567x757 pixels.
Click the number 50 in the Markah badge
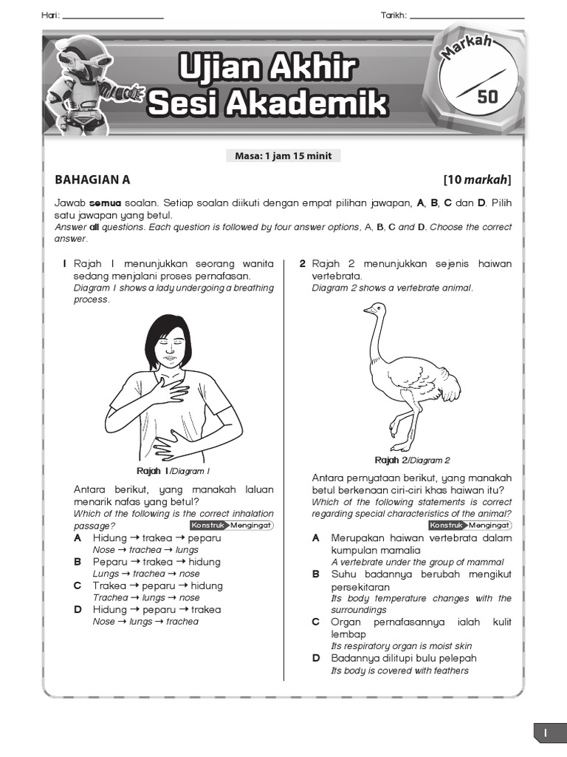(488, 96)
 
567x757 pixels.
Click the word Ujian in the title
(214, 69)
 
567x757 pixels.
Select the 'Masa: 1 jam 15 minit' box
(283, 156)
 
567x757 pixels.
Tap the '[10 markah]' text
(477, 179)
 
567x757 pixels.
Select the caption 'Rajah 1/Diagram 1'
(173, 471)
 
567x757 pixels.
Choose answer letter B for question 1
(78, 562)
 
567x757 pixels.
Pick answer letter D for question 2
(316, 658)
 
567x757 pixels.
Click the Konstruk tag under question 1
(207, 525)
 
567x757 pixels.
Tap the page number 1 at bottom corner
(546, 733)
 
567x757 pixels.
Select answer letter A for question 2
(316, 538)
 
